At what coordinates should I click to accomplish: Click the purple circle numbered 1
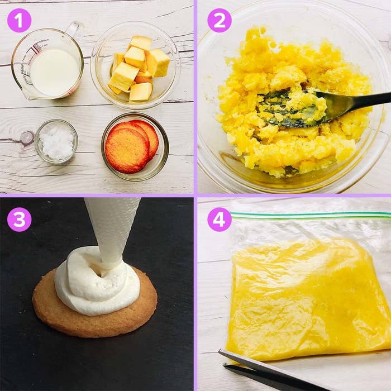pyautogui.click(x=19, y=21)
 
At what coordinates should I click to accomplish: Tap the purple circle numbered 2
pyautogui.click(x=220, y=21)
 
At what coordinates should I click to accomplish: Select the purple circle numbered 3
pyautogui.click(x=19, y=220)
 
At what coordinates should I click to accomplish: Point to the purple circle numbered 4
pyautogui.click(x=220, y=220)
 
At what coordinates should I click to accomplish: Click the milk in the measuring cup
pyautogui.click(x=55, y=72)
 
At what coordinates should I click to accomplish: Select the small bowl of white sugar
pyautogui.click(x=56, y=142)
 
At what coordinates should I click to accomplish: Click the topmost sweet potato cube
pyautogui.click(x=141, y=43)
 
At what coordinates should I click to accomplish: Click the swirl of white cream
pyautogui.click(x=97, y=282)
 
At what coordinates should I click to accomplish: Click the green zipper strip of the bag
pyautogui.click(x=311, y=215)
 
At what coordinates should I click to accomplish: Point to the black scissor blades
pyautogui.click(x=262, y=369)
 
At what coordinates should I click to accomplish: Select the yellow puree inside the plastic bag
pyautogui.click(x=309, y=299)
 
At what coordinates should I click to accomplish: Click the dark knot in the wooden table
pyautogui.click(x=27, y=137)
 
